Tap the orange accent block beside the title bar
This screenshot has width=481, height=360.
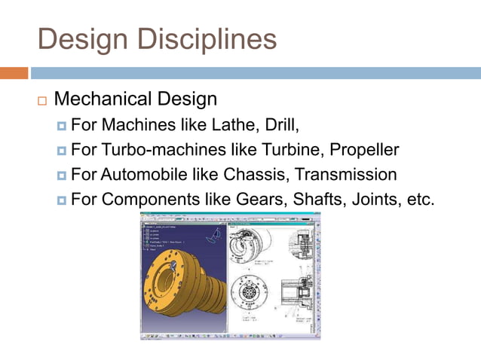pyautogui.click(x=14, y=73)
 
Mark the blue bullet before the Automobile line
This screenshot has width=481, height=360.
pyautogui.click(x=62, y=175)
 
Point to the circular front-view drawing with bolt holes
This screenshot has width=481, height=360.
pyautogui.click(x=249, y=292)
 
